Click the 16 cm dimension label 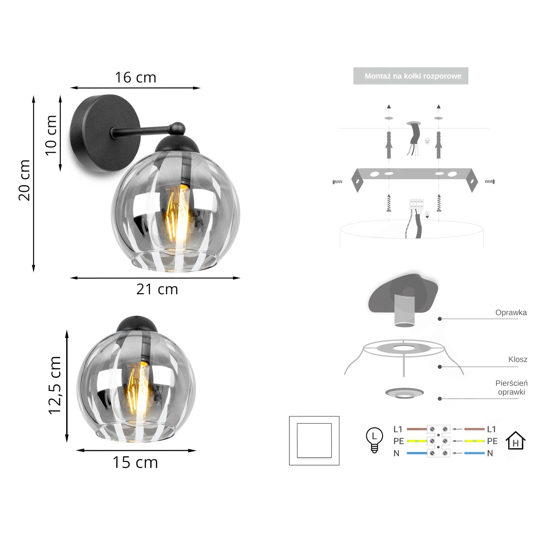click(x=136, y=78)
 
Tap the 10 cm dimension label click(x=51, y=135)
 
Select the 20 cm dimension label click(x=24, y=180)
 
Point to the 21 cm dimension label click(x=157, y=290)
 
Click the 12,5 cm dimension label click(x=55, y=385)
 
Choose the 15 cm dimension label click(x=135, y=463)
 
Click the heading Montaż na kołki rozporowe click(x=413, y=76)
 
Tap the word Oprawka click(x=511, y=312)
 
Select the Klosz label click(x=518, y=360)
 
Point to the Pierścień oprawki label click(x=511, y=388)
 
